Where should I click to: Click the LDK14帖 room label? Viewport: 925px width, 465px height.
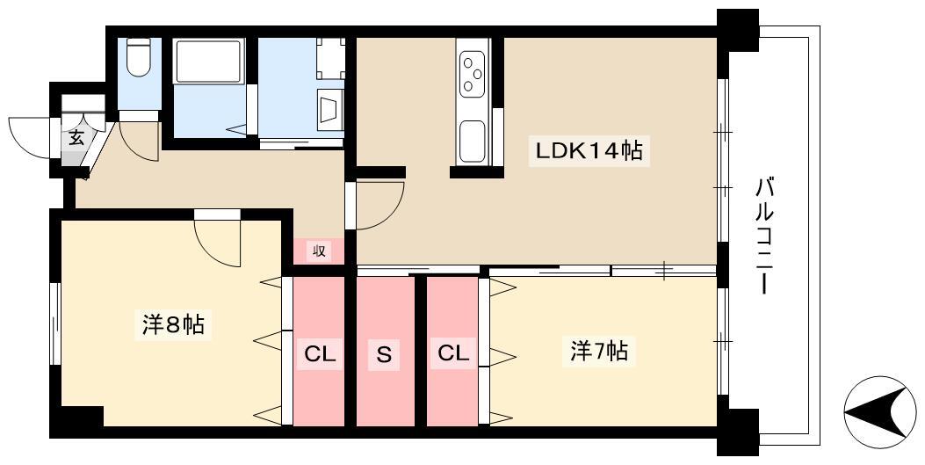(x=589, y=151)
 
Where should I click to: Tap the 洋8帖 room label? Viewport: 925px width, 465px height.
(x=173, y=324)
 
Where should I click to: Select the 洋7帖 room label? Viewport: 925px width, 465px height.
(x=598, y=352)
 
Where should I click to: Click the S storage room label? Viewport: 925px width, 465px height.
(x=384, y=355)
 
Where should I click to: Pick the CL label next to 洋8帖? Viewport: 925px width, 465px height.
(x=320, y=355)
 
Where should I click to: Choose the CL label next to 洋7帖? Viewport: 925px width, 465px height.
(x=453, y=353)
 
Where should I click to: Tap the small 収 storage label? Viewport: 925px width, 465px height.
(x=318, y=251)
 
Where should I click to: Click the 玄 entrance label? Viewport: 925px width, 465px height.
(x=76, y=138)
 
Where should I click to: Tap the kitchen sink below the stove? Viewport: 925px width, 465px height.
(x=472, y=141)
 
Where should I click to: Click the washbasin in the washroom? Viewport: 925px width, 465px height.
(x=330, y=111)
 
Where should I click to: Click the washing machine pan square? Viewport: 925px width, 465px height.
(x=329, y=57)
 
